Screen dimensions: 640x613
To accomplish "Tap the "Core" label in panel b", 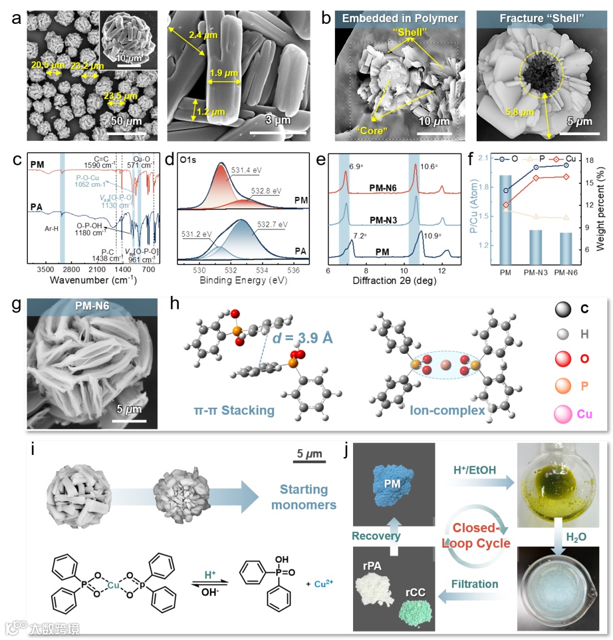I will pos(371,131).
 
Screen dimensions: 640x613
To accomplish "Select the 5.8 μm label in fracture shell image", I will pos(520,112).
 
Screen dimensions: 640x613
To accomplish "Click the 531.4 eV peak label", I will pos(246,170).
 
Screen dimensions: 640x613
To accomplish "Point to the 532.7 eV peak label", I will pos(272,225).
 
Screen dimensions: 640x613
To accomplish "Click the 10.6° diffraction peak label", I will pos(429,166).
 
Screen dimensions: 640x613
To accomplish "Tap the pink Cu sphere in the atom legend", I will pos(563,414).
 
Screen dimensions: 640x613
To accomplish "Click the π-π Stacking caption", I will pos(234,410).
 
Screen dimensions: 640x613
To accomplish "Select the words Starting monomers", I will pos(304,497).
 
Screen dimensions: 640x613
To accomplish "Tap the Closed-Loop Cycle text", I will pos(476,536).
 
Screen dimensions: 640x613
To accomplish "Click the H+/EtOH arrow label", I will pos(475,470).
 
